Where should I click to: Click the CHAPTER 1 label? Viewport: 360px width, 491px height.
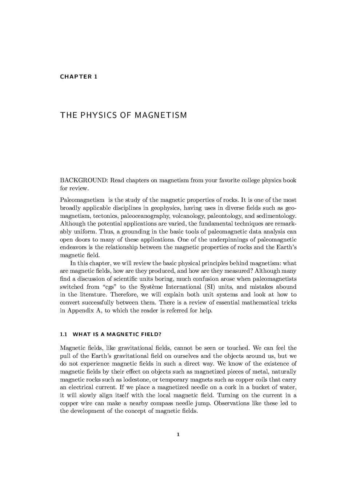pyautogui.click(x=79, y=77)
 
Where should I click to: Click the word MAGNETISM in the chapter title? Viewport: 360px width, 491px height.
pyautogui.click(x=160, y=115)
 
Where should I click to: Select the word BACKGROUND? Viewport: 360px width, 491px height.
pyautogui.click(x=84, y=180)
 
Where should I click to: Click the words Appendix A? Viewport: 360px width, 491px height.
pyautogui.click(x=84, y=311)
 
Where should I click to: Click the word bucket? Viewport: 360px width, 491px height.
pyautogui.click(x=260, y=387)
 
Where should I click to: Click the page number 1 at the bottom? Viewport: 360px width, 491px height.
pyautogui.click(x=178, y=434)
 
